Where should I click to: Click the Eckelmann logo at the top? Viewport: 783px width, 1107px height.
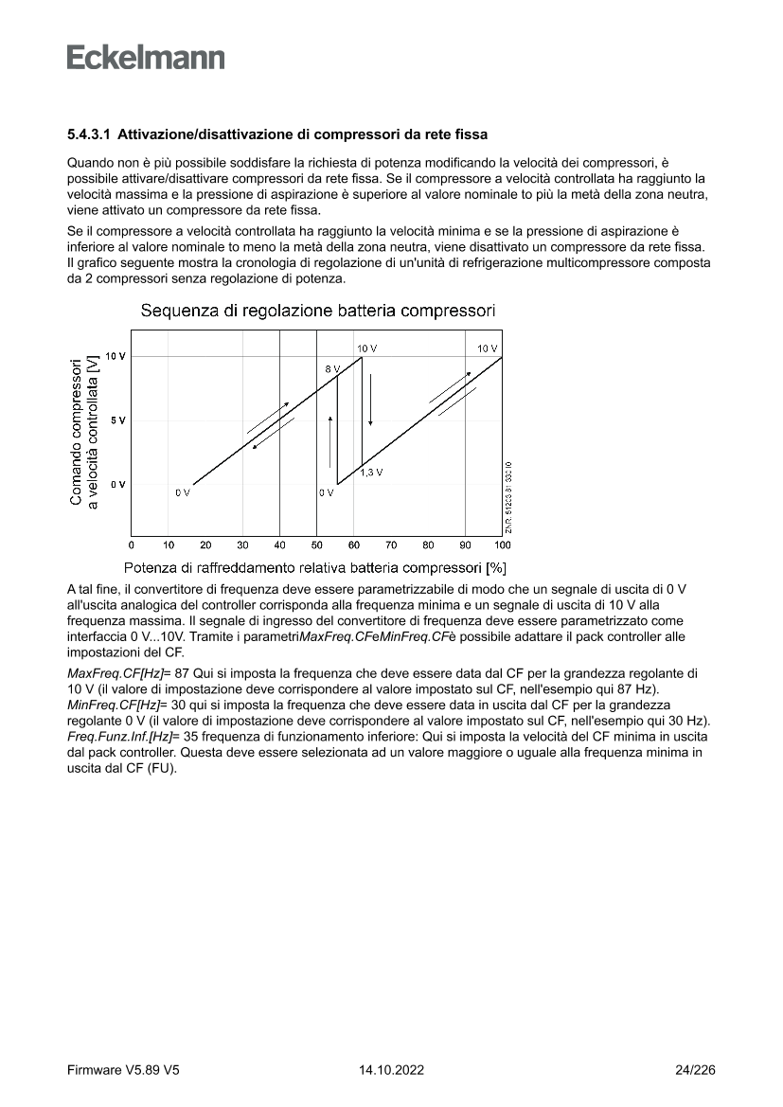click(x=146, y=58)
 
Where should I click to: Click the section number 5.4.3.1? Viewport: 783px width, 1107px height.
click(x=88, y=135)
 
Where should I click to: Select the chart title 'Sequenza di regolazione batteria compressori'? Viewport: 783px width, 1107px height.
click(x=317, y=311)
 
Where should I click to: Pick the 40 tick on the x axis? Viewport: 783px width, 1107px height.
click(x=279, y=545)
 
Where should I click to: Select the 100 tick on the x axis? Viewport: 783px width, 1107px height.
click(x=502, y=545)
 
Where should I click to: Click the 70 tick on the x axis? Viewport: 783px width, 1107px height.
click(x=391, y=545)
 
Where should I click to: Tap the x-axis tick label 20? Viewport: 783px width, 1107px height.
click(x=205, y=545)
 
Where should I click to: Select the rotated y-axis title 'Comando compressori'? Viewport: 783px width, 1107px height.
click(x=76, y=431)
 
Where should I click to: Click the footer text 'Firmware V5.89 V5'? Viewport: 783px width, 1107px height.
click(x=123, y=1070)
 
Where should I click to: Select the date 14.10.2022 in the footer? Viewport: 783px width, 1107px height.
click(x=391, y=1070)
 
